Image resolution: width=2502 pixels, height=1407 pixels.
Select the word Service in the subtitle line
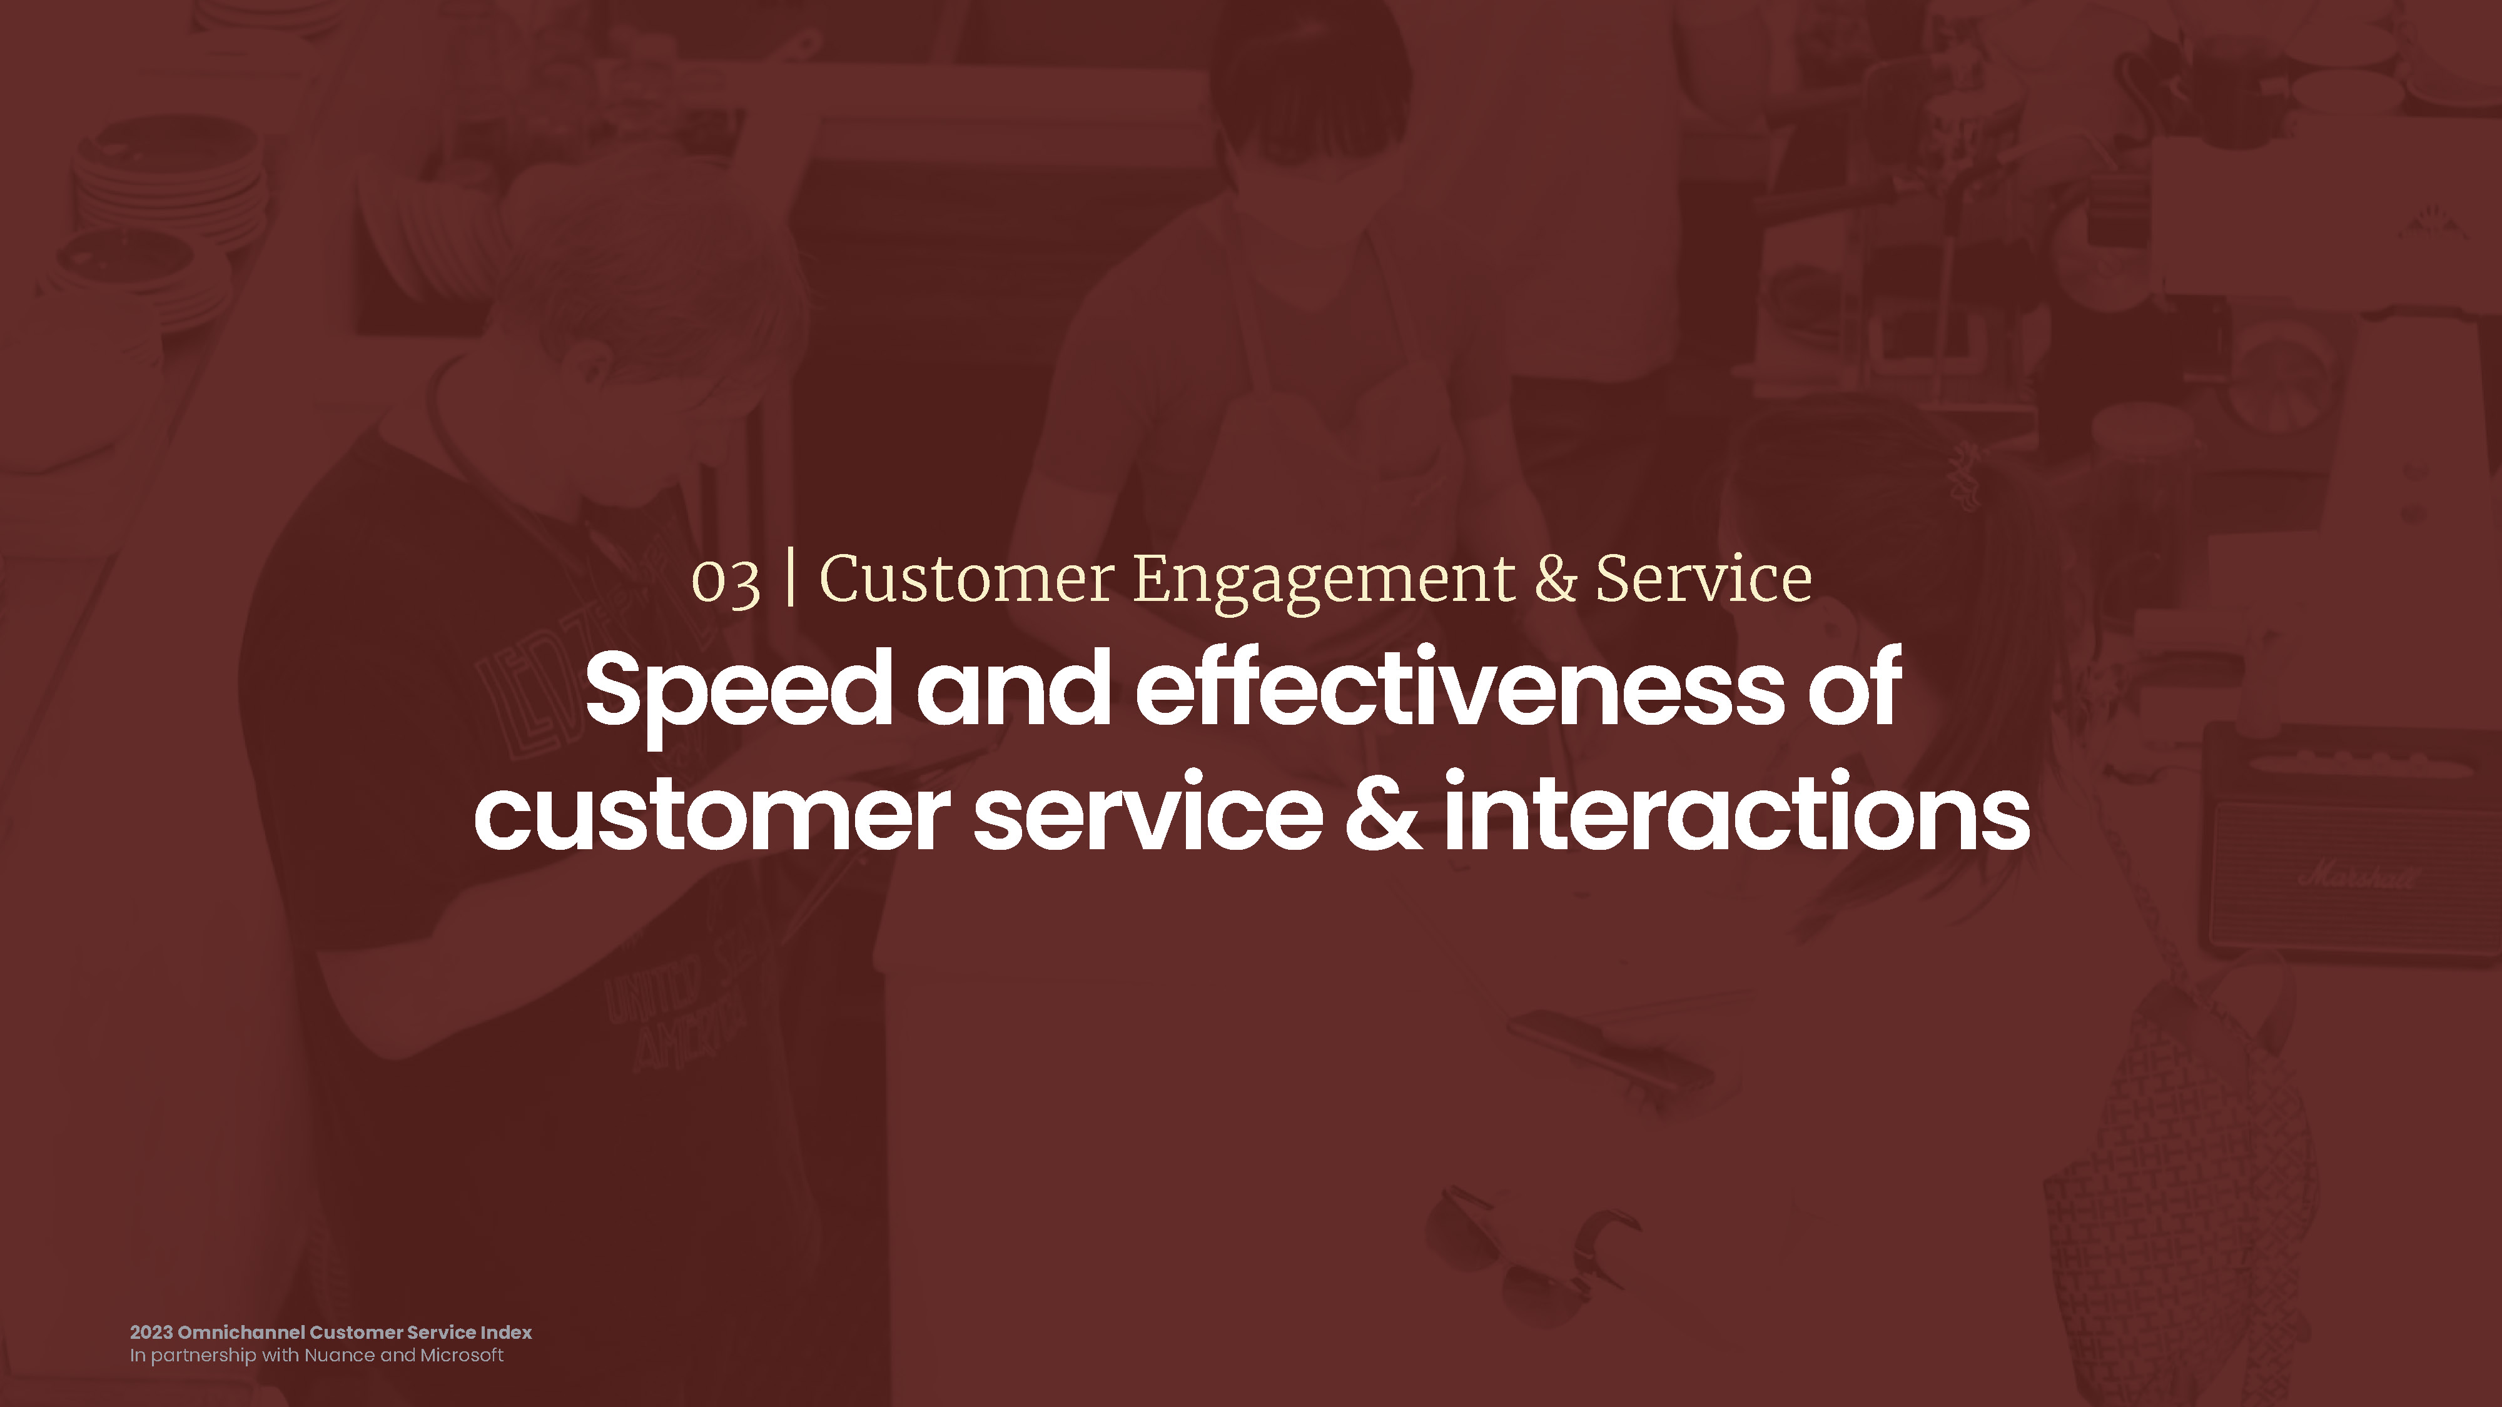pyautogui.click(x=1704, y=578)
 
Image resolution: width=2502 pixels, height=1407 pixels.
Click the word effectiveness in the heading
pyautogui.click(x=1459, y=687)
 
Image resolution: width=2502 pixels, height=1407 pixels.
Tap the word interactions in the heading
pyautogui.click(x=1736, y=812)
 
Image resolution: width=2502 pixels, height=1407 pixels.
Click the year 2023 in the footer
pyautogui.click(x=151, y=1332)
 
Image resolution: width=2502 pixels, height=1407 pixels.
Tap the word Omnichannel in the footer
pyautogui.click(x=241, y=1332)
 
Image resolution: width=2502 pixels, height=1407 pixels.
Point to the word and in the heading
pyautogui.click(x=1014, y=687)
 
